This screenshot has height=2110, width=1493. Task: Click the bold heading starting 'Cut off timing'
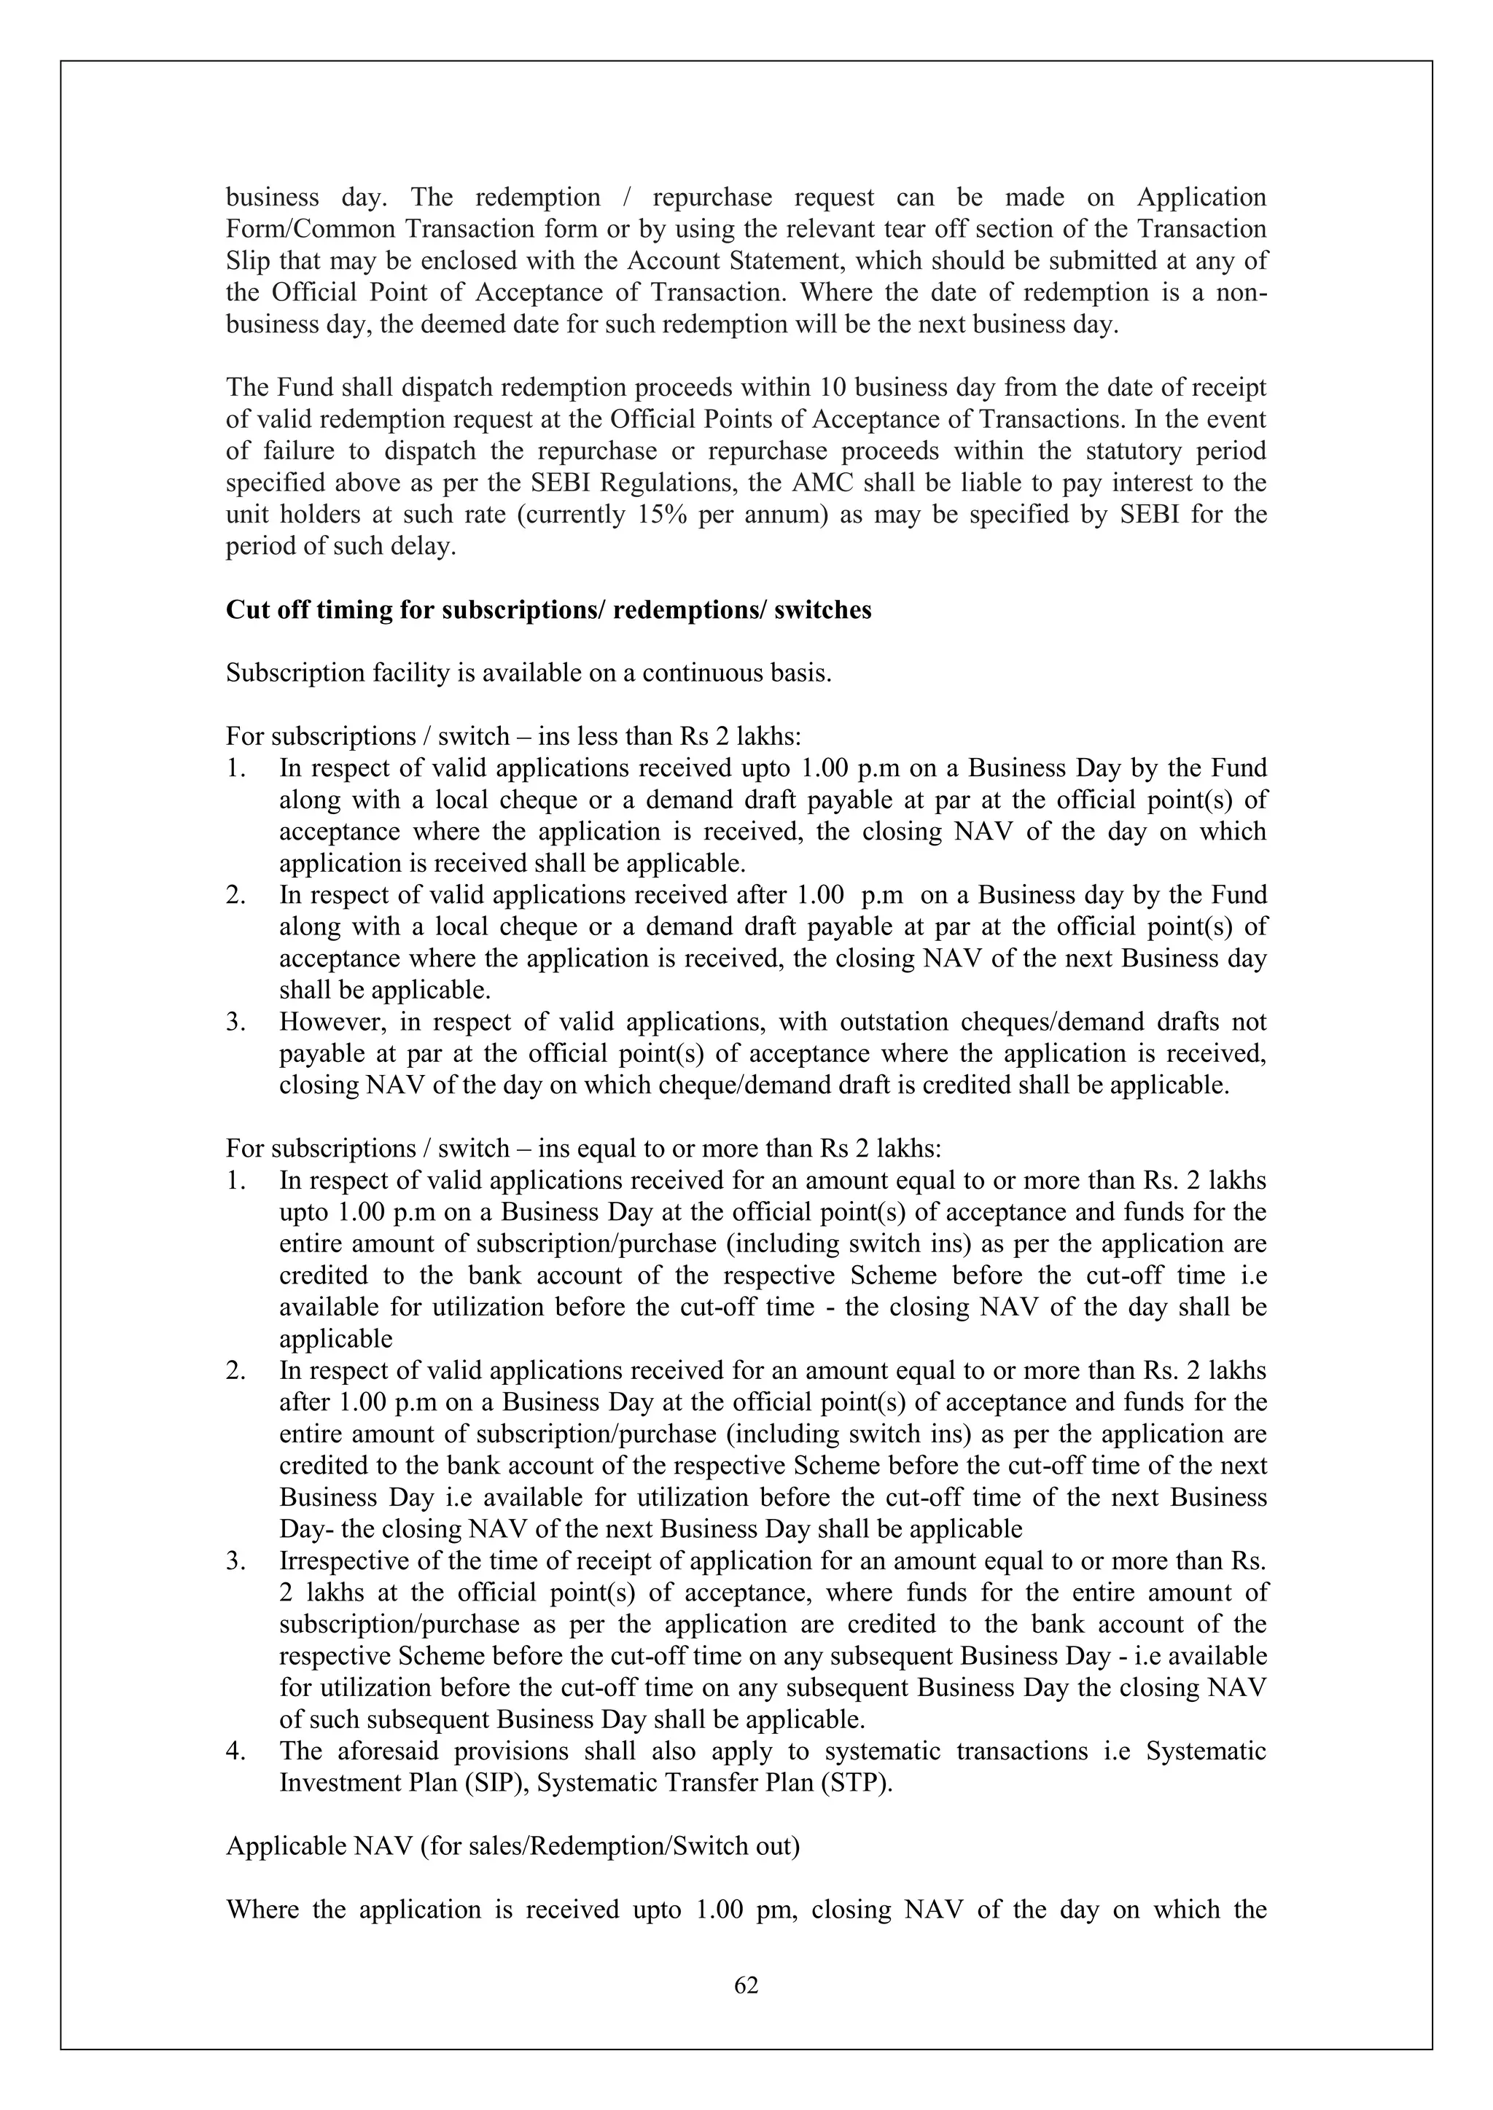pyautogui.click(x=548, y=610)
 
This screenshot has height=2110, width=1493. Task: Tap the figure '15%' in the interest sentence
pyautogui.click(x=659, y=515)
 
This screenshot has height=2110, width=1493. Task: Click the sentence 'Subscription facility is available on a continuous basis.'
pyautogui.click(x=529, y=673)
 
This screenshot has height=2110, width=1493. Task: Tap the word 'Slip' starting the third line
pyautogui.click(x=246, y=261)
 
